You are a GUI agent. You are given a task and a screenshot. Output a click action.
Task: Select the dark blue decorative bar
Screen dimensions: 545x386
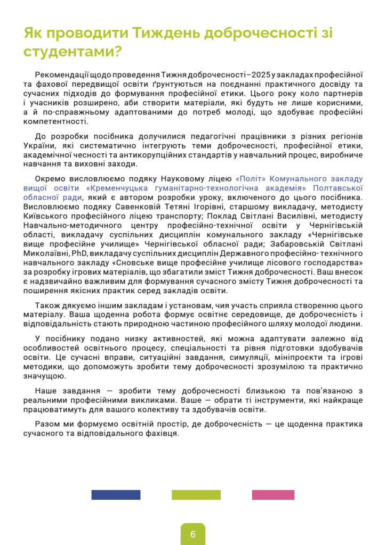click(x=116, y=494)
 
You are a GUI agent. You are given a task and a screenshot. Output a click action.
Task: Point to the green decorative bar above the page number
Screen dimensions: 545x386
click(x=196, y=494)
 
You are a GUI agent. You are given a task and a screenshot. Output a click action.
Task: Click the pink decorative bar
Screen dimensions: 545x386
click(x=273, y=494)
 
